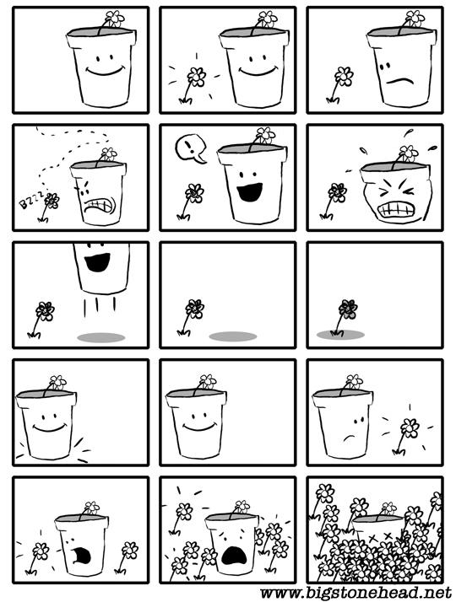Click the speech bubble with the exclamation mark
[x=190, y=148]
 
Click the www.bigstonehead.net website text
[x=356, y=594]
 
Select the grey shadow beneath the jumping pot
[x=101, y=337]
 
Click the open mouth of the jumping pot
[x=97, y=262]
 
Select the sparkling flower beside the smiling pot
[x=193, y=85]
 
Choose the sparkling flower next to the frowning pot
[x=405, y=436]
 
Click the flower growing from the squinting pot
[x=406, y=155]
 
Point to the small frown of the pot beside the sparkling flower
[x=349, y=438]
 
